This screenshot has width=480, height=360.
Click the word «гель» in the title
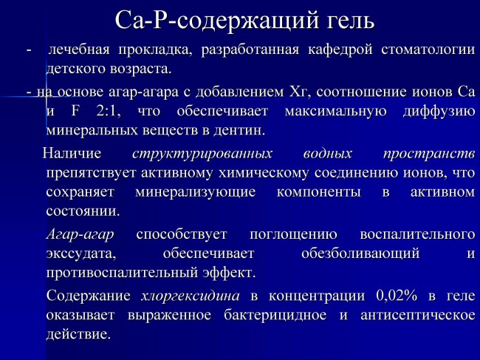pos(346,21)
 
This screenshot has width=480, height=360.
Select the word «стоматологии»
pos(428,50)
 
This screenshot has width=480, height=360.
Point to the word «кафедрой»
pos(340,50)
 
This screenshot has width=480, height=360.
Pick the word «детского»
pos(75,69)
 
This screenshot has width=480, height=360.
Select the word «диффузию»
pos(439,112)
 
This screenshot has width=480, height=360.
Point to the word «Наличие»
pos(72,153)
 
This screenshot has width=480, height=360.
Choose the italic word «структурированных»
pos(202,154)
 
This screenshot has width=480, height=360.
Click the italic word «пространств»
pos(429,154)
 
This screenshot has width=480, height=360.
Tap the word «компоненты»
pos(319,193)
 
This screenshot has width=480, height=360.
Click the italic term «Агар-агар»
pos(80,234)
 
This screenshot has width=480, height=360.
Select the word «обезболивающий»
pos(360,254)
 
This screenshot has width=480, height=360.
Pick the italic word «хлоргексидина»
pos(190,296)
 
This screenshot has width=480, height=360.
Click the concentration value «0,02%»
pos(397,296)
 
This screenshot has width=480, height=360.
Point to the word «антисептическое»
pos(418,315)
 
